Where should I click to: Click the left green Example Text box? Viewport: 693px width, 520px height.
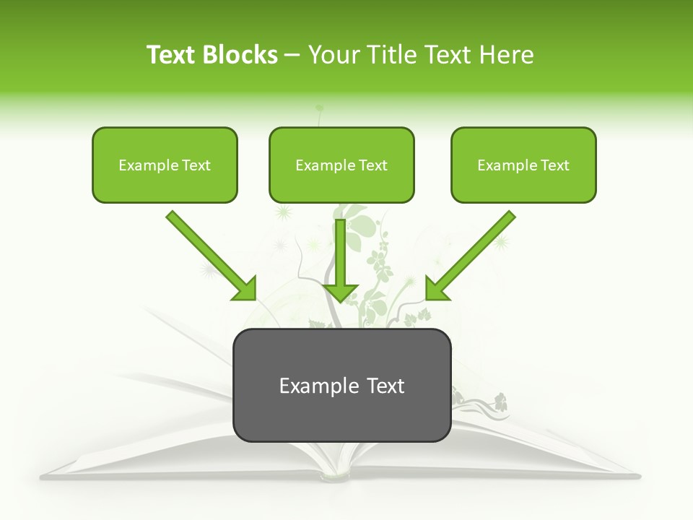click(x=165, y=165)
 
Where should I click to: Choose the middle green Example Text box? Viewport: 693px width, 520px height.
click(x=341, y=165)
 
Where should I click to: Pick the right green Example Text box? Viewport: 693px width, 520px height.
click(x=523, y=165)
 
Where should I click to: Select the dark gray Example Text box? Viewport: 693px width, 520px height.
click(x=341, y=385)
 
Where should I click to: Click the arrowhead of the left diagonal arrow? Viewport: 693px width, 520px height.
click(x=245, y=289)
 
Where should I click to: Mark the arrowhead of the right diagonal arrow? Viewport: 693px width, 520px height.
click(x=436, y=289)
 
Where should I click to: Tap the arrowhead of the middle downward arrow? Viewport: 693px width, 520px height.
click(x=341, y=292)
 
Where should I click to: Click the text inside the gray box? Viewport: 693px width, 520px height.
click(x=341, y=386)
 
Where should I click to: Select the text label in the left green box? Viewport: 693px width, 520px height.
click(x=165, y=165)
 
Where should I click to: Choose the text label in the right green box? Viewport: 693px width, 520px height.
click(x=523, y=165)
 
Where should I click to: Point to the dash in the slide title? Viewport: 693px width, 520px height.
click(x=292, y=55)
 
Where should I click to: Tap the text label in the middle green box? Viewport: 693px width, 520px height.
click(x=341, y=165)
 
